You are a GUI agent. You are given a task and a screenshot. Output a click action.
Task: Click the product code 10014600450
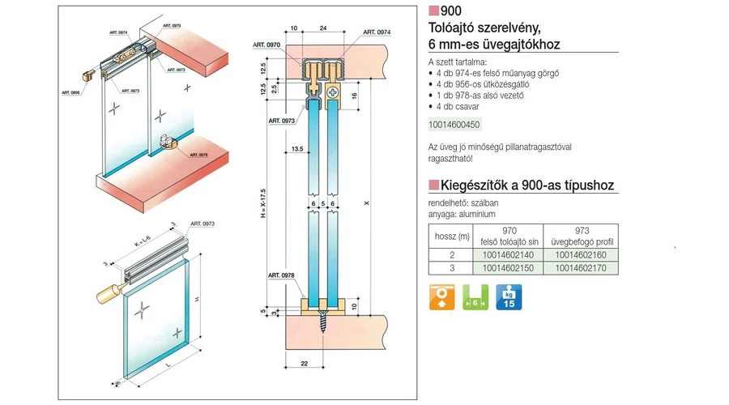pos(454,125)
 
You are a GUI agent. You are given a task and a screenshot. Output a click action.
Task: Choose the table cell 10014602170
pos(581,267)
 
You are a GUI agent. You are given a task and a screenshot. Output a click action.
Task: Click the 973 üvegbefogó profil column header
pos(581,236)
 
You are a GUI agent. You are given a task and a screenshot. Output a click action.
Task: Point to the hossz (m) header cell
pos(451,236)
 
